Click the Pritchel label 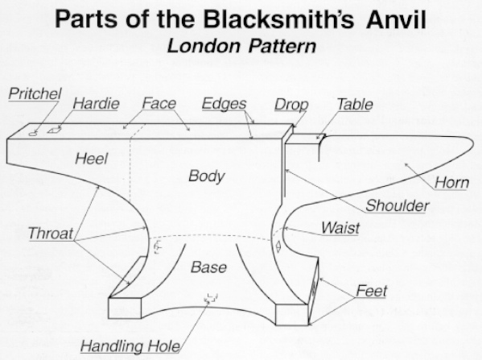coord(35,93)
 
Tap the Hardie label coord(96,103)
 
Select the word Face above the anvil coord(159,103)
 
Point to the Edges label coord(224,104)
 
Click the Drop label coord(291,105)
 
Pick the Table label coord(355,105)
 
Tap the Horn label coord(451,183)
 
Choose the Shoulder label coord(398,205)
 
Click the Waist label coord(340,228)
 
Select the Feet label coord(371,291)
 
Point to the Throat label coord(51,234)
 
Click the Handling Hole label coord(130,346)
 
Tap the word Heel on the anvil coord(91,159)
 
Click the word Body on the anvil coord(207,176)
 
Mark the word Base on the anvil coord(208,267)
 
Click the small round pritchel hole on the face coord(33,134)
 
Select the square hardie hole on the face coord(55,130)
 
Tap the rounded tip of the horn coord(473,141)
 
